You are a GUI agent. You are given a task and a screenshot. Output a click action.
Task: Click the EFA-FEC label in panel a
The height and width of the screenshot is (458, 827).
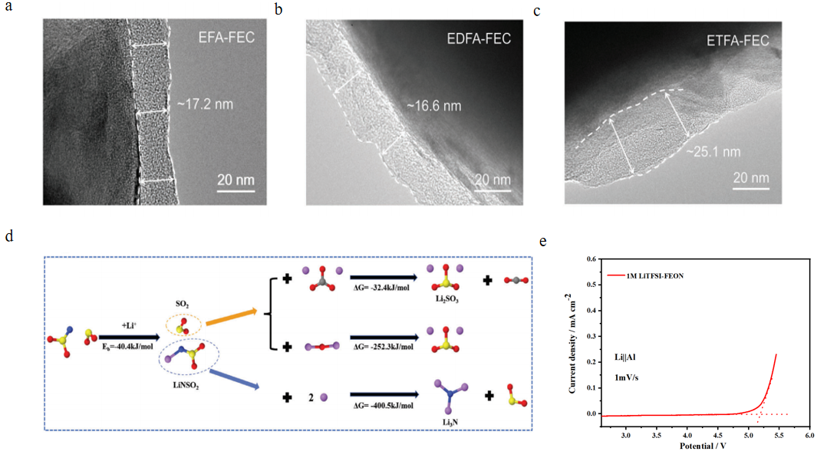(x=226, y=38)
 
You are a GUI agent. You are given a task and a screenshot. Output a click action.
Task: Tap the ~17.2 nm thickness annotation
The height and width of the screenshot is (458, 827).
(x=205, y=104)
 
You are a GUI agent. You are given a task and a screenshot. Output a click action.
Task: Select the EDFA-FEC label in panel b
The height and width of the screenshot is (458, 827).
(x=479, y=38)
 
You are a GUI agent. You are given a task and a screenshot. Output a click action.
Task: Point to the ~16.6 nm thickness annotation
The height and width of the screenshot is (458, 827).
(x=433, y=106)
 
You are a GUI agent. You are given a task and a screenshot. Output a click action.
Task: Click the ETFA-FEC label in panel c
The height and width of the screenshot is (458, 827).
(x=737, y=41)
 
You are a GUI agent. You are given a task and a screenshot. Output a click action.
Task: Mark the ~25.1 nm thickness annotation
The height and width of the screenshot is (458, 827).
(x=713, y=152)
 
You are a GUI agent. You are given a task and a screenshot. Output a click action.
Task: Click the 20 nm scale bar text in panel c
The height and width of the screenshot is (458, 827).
(x=750, y=178)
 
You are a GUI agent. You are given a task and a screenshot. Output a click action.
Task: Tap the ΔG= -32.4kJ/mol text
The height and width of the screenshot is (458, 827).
(x=381, y=288)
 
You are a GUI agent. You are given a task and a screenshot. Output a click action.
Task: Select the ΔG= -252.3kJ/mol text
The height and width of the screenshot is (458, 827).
(x=383, y=347)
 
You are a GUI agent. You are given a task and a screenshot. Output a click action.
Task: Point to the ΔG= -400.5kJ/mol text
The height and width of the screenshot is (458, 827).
(x=383, y=406)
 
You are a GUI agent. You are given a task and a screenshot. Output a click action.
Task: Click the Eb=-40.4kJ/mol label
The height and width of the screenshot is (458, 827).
(x=127, y=347)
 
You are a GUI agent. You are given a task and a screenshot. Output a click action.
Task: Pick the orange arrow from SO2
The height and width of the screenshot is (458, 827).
(x=231, y=317)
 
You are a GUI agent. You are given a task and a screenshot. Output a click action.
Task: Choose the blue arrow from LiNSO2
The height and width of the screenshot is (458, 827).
(x=235, y=380)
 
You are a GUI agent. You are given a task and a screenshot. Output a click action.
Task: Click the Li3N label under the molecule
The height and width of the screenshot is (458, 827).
(x=450, y=422)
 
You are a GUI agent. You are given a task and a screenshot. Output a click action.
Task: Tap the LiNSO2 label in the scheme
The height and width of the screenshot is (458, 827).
(x=186, y=386)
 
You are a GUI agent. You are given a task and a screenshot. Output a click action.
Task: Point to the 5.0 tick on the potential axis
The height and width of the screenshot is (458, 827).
(x=749, y=436)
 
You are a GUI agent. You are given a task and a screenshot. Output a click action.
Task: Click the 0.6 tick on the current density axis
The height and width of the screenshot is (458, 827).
(x=591, y=259)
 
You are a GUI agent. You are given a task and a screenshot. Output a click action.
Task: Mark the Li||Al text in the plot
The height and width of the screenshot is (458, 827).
(x=625, y=358)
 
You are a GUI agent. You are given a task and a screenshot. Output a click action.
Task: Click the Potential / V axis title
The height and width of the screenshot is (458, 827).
(x=703, y=446)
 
